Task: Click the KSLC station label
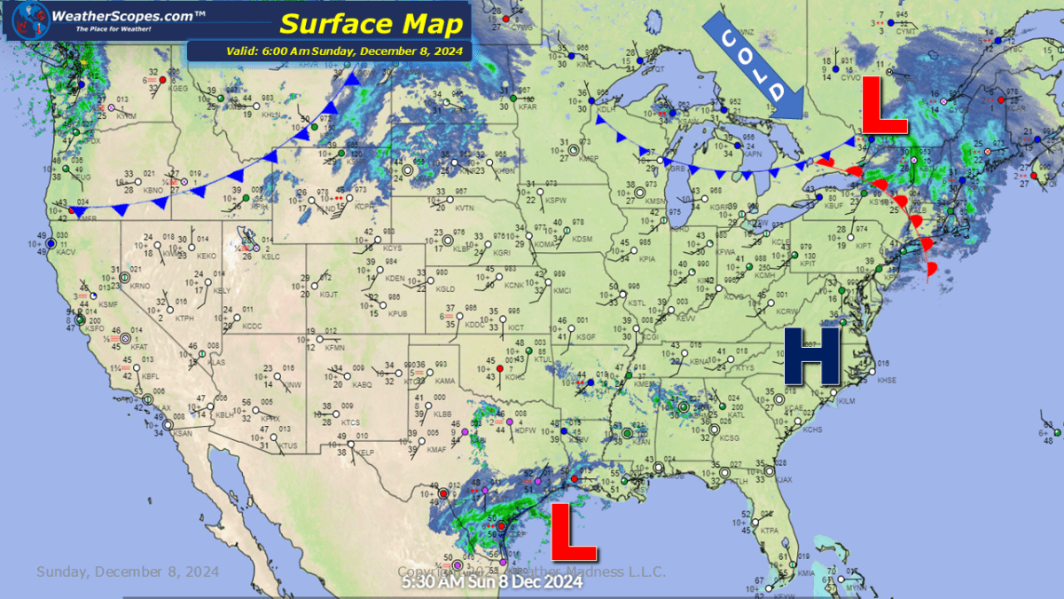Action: click(x=270, y=256)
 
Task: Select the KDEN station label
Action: click(x=395, y=280)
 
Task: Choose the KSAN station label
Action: click(x=183, y=433)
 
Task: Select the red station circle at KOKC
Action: click(x=500, y=368)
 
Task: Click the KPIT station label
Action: click(x=808, y=264)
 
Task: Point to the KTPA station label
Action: click(x=769, y=531)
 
